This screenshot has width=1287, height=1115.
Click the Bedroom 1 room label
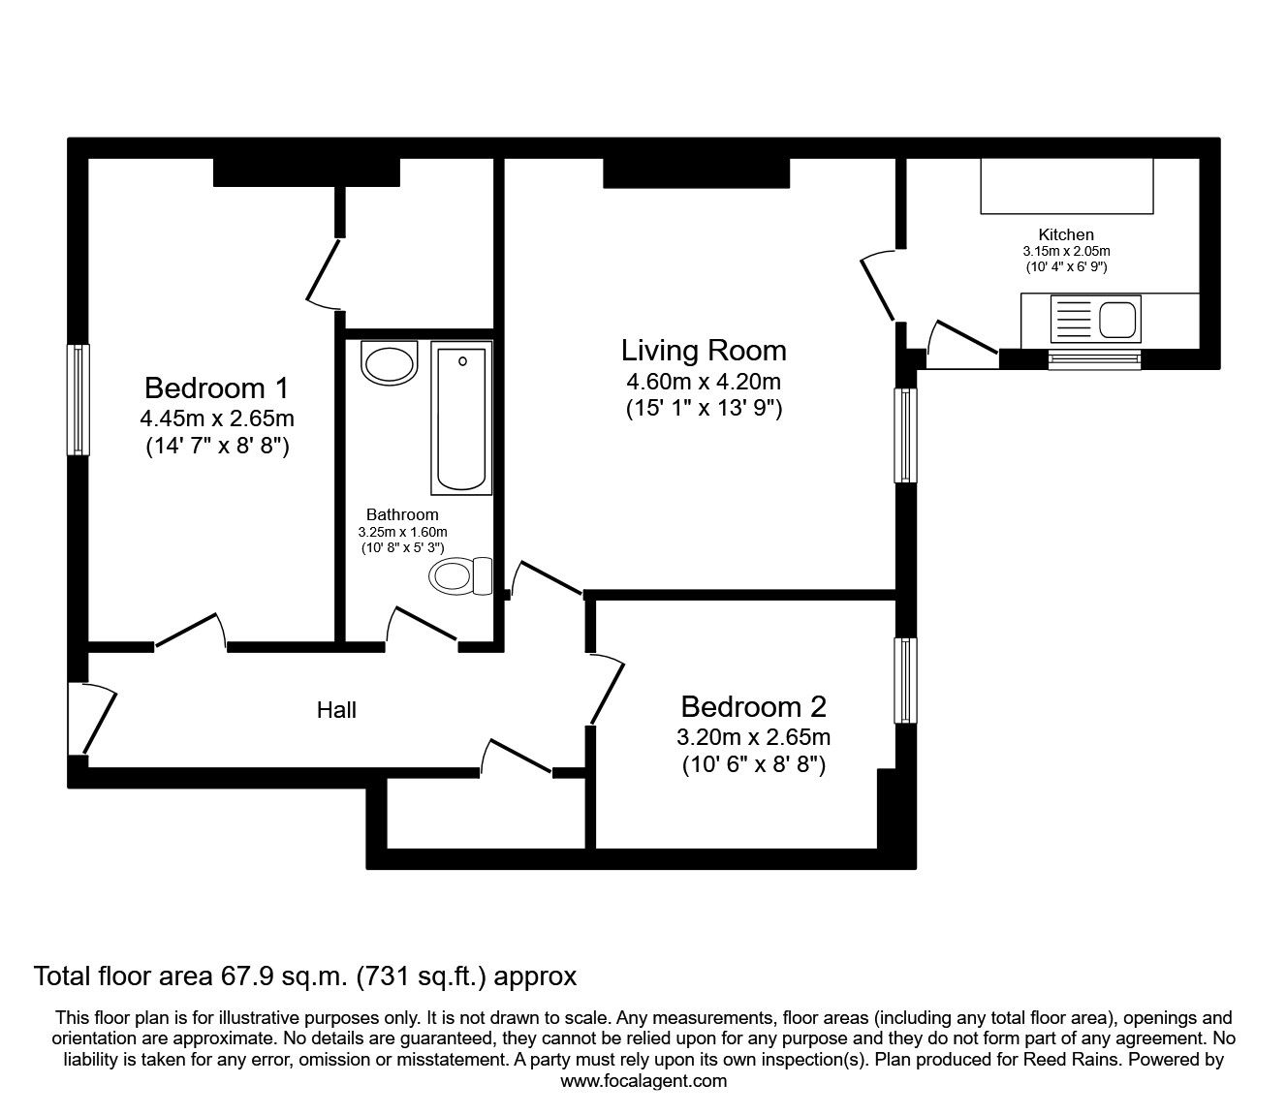(x=216, y=388)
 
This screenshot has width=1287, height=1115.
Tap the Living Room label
(x=703, y=350)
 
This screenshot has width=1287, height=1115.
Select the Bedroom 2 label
(x=753, y=706)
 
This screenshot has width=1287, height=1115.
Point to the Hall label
(x=336, y=710)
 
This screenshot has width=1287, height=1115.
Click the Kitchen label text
(x=1066, y=234)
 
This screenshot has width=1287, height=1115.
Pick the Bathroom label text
(x=402, y=514)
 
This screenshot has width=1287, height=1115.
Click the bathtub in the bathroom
(x=461, y=418)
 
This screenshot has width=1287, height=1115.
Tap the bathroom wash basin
(x=389, y=361)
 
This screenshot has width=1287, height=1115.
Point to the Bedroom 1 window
(x=78, y=399)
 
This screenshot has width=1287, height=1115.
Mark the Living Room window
(x=904, y=435)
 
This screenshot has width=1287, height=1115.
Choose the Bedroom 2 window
(x=904, y=680)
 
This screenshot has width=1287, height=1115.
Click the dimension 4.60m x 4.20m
(x=703, y=381)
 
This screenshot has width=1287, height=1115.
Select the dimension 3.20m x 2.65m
(x=753, y=737)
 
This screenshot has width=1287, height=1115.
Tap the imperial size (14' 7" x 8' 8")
(x=216, y=447)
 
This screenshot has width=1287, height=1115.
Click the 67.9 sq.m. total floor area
(x=279, y=976)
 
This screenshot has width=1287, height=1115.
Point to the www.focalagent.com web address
(x=643, y=1081)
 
